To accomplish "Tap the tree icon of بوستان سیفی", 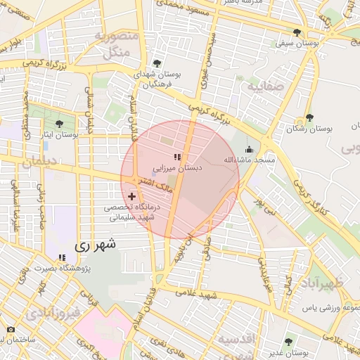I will (297, 32).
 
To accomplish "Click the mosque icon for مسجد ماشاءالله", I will (247, 149).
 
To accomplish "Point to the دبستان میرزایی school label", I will (178, 168).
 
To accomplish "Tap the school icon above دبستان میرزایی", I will (177, 157).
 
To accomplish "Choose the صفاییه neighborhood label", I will (265, 86).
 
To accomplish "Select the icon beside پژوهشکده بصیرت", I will (62, 258).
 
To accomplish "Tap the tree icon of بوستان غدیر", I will (288, 341).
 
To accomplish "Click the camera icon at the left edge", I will (10, 330).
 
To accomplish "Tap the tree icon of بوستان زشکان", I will (309, 117).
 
